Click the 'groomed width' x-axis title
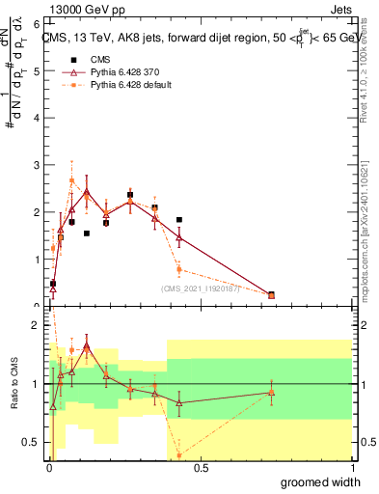pyautogui.click(x=321, y=481)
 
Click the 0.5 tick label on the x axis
pyautogui.click(x=201, y=468)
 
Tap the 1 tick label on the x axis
pyautogui.click(x=351, y=468)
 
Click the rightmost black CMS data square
pyautogui.click(x=271, y=295)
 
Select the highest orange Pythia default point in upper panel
pyautogui.click(x=71, y=180)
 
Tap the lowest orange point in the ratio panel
pyautogui.click(x=179, y=454)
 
